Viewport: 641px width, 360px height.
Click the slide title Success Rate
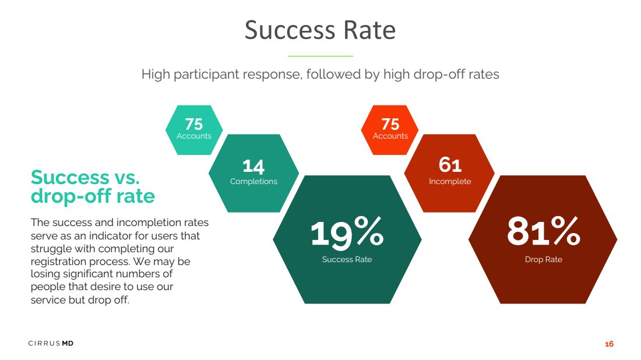pyautogui.click(x=320, y=30)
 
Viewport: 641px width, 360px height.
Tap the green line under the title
pyautogui.click(x=320, y=56)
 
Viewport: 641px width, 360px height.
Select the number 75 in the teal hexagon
pyautogui.click(x=194, y=124)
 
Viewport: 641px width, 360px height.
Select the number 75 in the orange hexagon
pyautogui.click(x=390, y=124)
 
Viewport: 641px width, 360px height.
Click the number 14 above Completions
pyautogui.click(x=253, y=167)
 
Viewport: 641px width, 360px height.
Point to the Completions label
pyautogui.click(x=253, y=181)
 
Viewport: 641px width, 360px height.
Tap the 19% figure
pyautogui.click(x=347, y=232)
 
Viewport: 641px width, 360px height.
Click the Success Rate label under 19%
pyautogui.click(x=347, y=259)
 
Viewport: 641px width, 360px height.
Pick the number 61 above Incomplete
pyautogui.click(x=450, y=165)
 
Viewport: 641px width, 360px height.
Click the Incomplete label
pyautogui.click(x=450, y=181)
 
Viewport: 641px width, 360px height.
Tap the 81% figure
pyautogui.click(x=543, y=231)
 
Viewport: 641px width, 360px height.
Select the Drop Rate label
pyautogui.click(x=543, y=259)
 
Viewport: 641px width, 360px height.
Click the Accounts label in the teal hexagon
pyautogui.click(x=194, y=136)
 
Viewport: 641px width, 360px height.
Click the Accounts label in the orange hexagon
pyautogui.click(x=390, y=136)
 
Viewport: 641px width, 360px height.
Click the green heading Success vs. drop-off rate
pyautogui.click(x=93, y=186)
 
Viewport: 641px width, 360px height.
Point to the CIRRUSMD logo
pyautogui.click(x=51, y=343)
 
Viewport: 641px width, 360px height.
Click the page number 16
pyautogui.click(x=609, y=344)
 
